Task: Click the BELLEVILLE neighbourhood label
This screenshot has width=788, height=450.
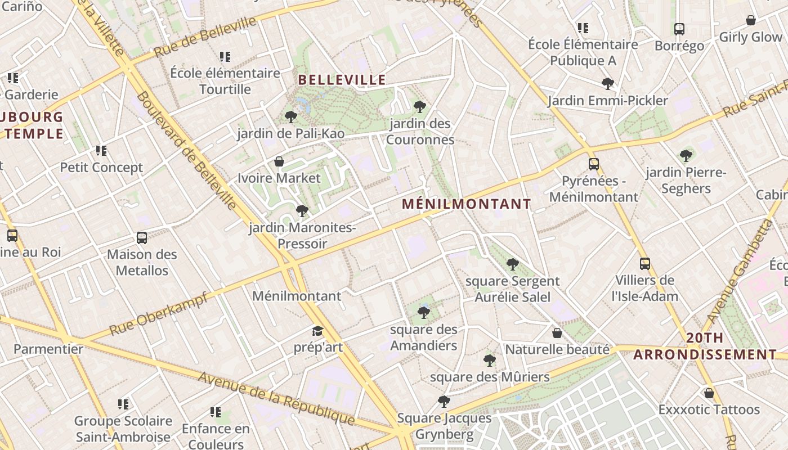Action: pos(342,80)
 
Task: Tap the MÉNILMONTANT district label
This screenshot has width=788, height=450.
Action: pos(467,204)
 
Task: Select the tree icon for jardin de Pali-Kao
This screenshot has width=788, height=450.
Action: pos(290,117)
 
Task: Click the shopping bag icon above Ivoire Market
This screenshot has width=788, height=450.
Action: pos(279,162)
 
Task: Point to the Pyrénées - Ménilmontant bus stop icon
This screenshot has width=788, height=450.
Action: pos(594,164)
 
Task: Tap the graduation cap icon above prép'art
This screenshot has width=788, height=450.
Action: pos(318,331)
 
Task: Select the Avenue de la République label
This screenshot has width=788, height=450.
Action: pos(276,398)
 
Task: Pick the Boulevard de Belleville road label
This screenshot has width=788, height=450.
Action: pos(186,150)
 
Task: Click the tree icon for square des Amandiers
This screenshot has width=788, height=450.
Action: pos(423,313)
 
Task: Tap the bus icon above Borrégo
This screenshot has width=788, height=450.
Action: pos(679,29)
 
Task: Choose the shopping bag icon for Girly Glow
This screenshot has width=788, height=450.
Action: pos(750,21)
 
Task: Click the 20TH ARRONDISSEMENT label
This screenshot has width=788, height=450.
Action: pos(705,346)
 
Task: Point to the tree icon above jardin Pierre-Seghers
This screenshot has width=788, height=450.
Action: pos(686,156)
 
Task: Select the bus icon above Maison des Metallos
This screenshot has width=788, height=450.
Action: pos(142,238)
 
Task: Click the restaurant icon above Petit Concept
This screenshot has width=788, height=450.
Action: pos(101,151)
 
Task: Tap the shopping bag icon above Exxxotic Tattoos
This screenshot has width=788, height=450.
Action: pos(709,393)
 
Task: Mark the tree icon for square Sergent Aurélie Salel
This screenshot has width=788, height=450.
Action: pos(512,264)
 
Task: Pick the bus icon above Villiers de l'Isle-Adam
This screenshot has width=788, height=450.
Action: pos(645,263)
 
